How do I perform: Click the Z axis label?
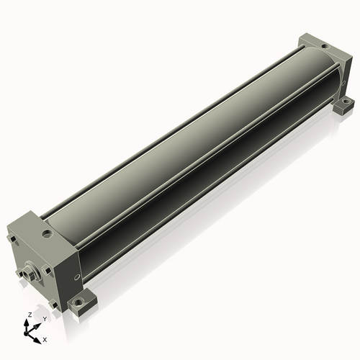(x=30, y=315)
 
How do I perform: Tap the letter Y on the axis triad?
(x=45, y=319)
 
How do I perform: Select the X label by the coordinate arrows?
(x=45, y=340)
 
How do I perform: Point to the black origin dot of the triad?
(x=26, y=333)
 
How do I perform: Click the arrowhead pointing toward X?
(x=37, y=340)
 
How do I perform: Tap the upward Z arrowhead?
(x=26, y=323)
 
